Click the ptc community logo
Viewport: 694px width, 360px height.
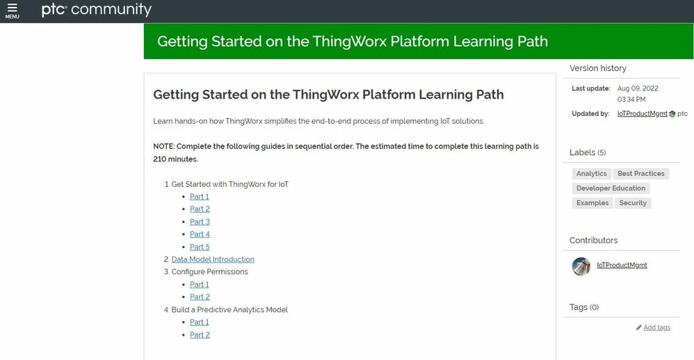[x=96, y=10]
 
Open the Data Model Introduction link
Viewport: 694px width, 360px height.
[x=213, y=259]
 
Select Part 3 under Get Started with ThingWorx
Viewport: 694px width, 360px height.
[x=200, y=222]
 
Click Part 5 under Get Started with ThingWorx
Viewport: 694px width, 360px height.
[x=200, y=247]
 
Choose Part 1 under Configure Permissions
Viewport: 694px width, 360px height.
[x=200, y=284]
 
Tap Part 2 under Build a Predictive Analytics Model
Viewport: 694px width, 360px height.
[x=200, y=335]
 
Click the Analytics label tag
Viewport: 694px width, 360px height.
[x=592, y=174]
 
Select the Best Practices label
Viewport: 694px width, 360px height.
[x=641, y=174]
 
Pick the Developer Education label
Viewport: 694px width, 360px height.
[x=611, y=188]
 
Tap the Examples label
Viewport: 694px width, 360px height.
[x=592, y=203]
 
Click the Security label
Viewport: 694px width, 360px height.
[x=633, y=203]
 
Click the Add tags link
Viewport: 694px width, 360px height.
[x=656, y=327]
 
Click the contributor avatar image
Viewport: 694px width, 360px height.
[x=581, y=265]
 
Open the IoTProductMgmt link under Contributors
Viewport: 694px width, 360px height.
[x=622, y=265]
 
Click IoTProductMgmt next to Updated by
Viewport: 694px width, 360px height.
[x=642, y=113]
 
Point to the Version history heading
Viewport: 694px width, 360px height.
[x=598, y=68]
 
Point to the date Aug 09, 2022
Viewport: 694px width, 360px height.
[x=638, y=89]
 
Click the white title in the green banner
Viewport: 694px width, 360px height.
[x=353, y=42]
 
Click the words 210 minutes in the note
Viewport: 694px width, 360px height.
[x=175, y=159]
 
